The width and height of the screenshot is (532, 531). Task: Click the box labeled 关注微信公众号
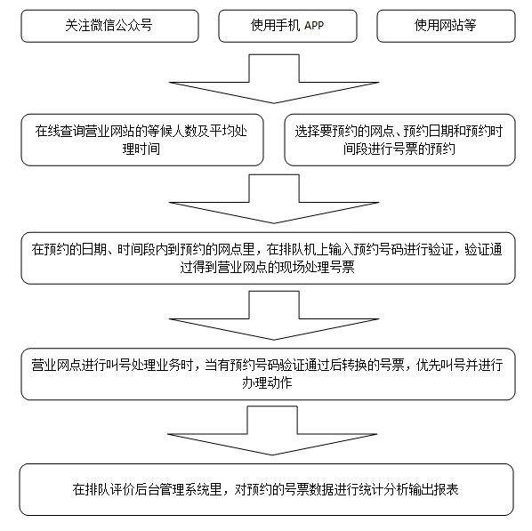point(109,26)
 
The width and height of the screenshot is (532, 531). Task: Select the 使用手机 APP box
point(286,26)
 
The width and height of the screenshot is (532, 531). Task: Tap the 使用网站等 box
point(445,26)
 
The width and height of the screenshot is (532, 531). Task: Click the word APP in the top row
point(313,26)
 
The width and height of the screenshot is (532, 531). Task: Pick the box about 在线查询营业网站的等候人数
point(142,139)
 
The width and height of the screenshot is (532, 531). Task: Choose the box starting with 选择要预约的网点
point(399,139)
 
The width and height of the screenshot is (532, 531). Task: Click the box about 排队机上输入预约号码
point(267,258)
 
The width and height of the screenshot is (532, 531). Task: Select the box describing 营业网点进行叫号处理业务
point(267,374)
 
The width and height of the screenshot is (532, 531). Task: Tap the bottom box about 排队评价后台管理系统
point(267,489)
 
